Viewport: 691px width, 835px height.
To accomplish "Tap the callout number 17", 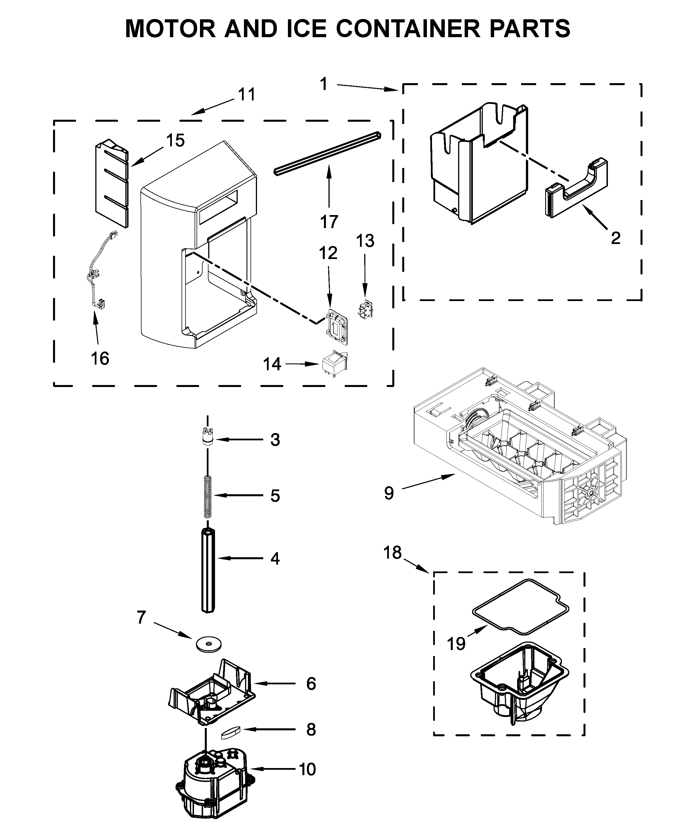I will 329,222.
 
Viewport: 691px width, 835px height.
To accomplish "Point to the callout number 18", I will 392,553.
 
